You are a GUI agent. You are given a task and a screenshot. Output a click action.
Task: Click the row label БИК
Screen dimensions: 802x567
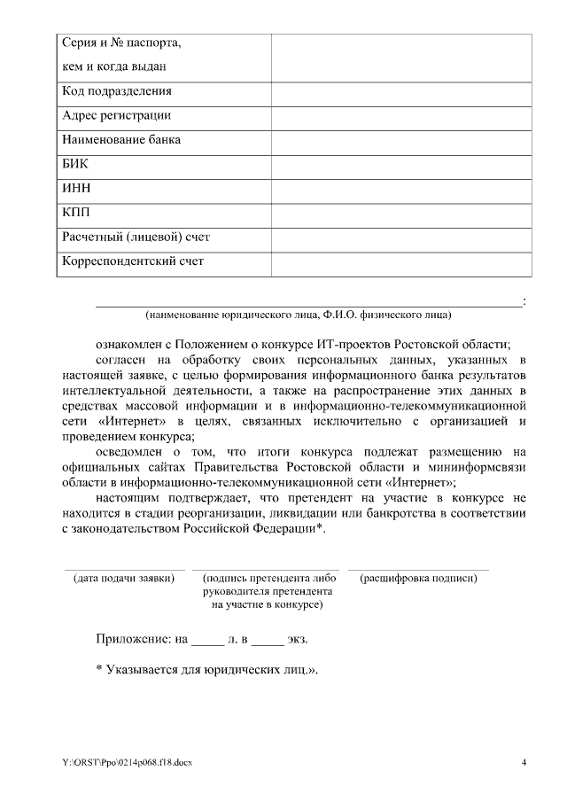pos(75,164)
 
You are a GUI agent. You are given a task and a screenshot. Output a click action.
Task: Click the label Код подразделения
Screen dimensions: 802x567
pos(116,91)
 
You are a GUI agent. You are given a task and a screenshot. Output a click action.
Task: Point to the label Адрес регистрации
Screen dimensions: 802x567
pos(116,115)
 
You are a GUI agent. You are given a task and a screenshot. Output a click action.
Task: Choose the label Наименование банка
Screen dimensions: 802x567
pos(121,139)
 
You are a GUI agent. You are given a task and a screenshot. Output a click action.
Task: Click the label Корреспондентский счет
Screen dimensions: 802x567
pos(132,261)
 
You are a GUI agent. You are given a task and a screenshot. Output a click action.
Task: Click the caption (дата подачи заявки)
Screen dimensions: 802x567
pos(123,578)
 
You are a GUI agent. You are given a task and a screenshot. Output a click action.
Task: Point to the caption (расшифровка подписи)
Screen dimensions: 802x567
pos(418,578)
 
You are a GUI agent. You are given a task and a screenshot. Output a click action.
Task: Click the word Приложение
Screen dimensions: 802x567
pos(133,638)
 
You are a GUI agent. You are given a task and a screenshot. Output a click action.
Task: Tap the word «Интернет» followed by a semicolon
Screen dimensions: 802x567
pos(423,483)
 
